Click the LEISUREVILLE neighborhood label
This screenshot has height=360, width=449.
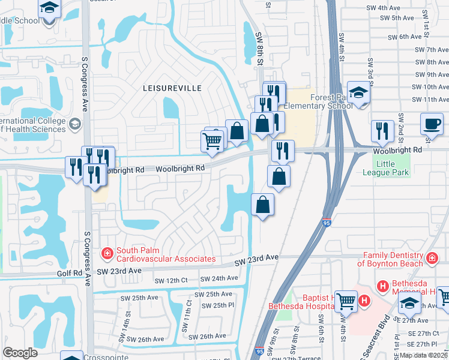point(172,88)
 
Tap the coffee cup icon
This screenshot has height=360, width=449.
point(432,123)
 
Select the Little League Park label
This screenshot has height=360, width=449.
point(392,168)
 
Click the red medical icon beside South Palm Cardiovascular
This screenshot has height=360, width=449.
point(107,254)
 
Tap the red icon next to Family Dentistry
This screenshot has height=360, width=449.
point(432,258)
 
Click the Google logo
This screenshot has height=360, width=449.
point(20,352)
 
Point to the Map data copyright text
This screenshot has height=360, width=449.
point(424,355)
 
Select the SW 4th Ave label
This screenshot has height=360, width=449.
point(384,8)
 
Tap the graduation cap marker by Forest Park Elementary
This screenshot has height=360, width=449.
point(359,94)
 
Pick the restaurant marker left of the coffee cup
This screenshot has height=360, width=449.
point(382,130)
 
